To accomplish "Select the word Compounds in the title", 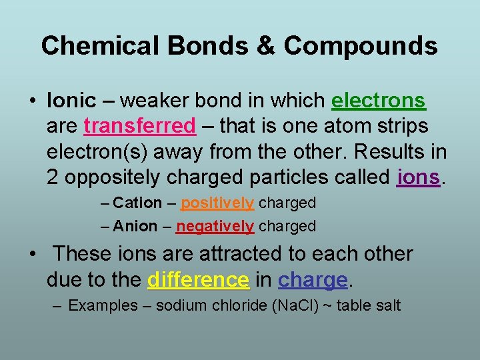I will [361, 45].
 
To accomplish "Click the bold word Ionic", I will [72, 101].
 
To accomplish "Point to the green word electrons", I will [378, 101].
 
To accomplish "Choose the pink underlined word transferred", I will [140, 126].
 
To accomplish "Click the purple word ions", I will [418, 177].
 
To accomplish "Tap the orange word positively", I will [217, 203].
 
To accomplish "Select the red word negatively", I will [215, 227].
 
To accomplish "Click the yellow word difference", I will [199, 280].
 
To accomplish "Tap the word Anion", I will [135, 227].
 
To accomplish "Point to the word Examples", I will [99, 306].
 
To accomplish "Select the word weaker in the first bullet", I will [153, 101].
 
